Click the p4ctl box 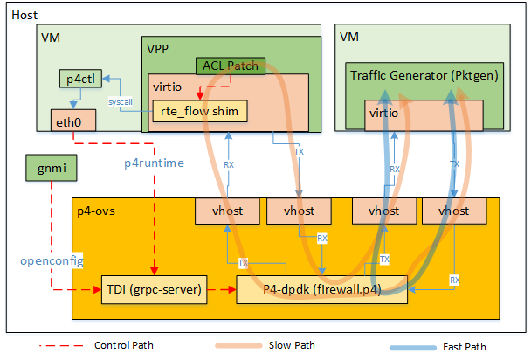click(81, 80)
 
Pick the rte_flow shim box click(199, 111)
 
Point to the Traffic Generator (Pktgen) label click(424, 76)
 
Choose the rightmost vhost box click(453, 211)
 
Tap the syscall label click(121, 102)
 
